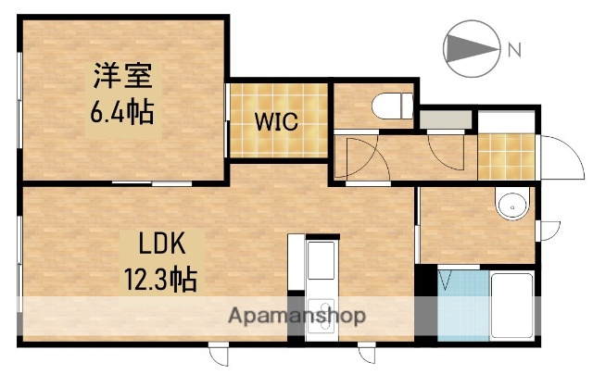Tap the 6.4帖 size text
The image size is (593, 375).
pos(121,111)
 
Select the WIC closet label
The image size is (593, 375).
pos(277,122)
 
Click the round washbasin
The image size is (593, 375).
pos(510,206)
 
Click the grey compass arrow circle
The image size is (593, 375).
pos(472,47)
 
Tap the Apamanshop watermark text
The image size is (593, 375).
pos(297,316)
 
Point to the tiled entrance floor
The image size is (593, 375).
pos(507,157)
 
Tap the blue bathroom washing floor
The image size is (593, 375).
pos(461,306)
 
